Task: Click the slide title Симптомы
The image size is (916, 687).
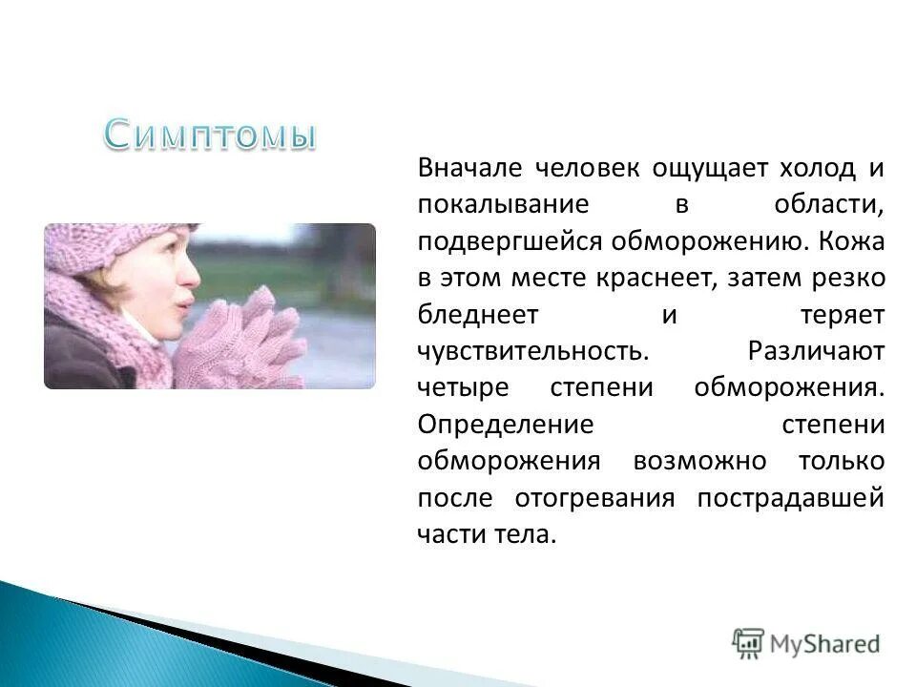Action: pyautogui.click(x=211, y=135)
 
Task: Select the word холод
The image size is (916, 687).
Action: pyautogui.click(x=818, y=168)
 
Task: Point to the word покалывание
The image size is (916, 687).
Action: pyautogui.click(x=504, y=204)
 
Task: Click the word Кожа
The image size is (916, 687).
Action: pyautogui.click(x=852, y=240)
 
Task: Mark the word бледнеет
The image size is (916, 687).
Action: pyautogui.click(x=478, y=314)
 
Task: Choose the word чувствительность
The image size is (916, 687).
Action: pyautogui.click(x=533, y=351)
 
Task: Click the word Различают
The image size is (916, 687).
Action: pyautogui.click(x=817, y=351)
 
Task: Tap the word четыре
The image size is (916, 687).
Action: pyautogui.click(x=464, y=388)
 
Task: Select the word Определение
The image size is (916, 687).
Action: pyautogui.click(x=506, y=425)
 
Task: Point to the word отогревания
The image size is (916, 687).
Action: pyautogui.click(x=594, y=498)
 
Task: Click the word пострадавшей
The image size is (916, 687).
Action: pyautogui.click(x=791, y=498)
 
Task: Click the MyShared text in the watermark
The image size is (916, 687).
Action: pyautogui.click(x=824, y=644)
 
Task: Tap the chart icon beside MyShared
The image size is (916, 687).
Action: pyautogui.click(x=748, y=644)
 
